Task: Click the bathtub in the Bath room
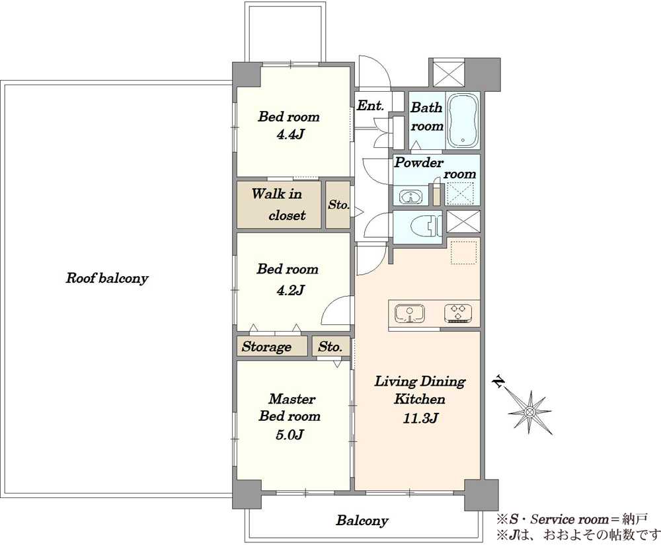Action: pos(463,120)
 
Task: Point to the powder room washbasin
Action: pos(410,197)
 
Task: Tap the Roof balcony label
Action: pos(106,278)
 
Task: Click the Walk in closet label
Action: pos(278,205)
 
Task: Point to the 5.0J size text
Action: pos(290,434)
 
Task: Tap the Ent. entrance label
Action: pos(370,105)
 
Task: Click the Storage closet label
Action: pos(266,347)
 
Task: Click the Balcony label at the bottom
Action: pos(362,521)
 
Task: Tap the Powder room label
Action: pos(435,168)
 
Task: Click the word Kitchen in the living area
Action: pos(420,399)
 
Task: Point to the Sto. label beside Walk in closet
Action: pos(338,205)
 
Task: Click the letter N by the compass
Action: pos(499,382)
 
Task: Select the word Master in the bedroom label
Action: pos(292,398)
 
